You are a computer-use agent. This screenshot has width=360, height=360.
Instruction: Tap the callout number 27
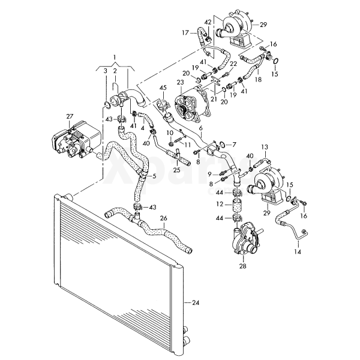(70, 117)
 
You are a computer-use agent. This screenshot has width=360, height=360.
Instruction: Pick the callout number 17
(185, 32)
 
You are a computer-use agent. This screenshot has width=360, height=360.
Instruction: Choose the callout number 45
(163, 88)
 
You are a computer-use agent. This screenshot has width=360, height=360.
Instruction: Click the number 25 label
(177, 170)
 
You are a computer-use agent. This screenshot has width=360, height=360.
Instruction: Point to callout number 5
(154, 176)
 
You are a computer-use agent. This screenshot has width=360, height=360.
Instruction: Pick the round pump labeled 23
(193, 108)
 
